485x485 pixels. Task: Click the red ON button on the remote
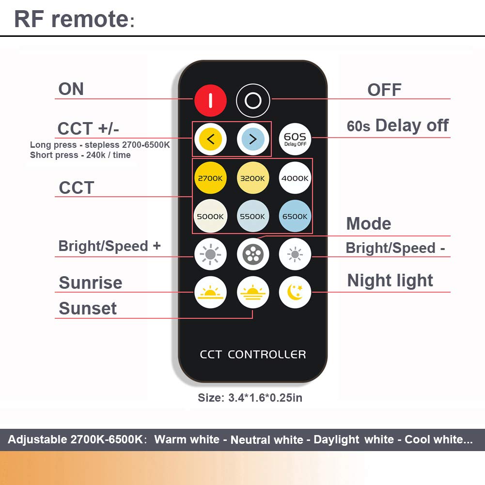point(210,101)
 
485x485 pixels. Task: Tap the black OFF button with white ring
point(252,101)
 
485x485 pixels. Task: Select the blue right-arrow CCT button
point(252,140)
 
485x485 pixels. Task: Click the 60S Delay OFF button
point(295,140)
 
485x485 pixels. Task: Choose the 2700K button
point(210,178)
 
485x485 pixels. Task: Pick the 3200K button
point(252,178)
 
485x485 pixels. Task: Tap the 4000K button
point(295,178)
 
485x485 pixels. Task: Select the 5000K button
point(210,216)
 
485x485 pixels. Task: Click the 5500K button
point(252,216)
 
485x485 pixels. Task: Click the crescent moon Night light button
point(295,292)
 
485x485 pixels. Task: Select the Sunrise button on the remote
point(210,292)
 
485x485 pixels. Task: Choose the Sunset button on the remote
point(252,292)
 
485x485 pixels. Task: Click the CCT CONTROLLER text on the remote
point(253,355)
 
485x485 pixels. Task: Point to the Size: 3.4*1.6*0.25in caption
point(250,398)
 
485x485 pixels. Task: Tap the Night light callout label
point(390,281)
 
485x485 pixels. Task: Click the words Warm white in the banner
point(187,439)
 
